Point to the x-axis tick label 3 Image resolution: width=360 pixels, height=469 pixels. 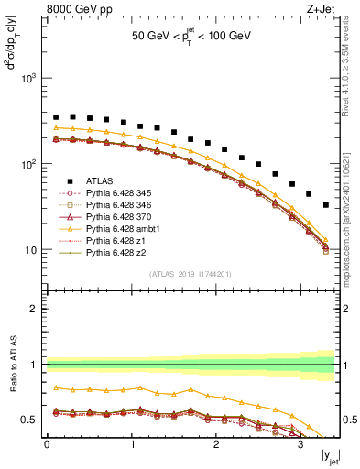300,446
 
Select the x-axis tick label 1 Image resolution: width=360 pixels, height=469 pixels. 131,446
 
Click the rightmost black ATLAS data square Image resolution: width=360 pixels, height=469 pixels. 326,205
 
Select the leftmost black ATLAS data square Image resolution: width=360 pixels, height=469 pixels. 56,117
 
